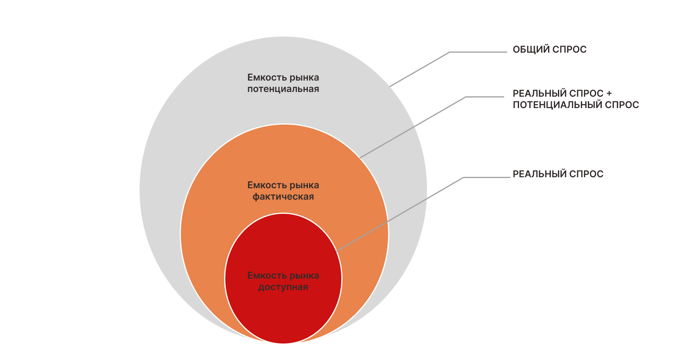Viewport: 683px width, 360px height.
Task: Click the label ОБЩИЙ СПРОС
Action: [x=549, y=50]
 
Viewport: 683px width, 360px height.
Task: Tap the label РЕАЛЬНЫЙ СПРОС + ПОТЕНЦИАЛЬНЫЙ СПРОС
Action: [x=575, y=99]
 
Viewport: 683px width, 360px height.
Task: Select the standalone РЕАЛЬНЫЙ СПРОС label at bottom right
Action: [x=558, y=174]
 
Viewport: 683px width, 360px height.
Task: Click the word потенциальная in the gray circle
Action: [x=283, y=89]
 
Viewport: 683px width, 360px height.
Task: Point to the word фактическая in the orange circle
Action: [x=283, y=197]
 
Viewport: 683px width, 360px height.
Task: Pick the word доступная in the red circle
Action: [x=283, y=287]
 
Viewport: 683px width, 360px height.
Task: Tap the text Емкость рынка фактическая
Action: [x=283, y=191]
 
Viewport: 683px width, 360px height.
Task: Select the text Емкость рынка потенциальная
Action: [x=283, y=83]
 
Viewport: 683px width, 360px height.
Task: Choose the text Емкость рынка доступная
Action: [x=283, y=281]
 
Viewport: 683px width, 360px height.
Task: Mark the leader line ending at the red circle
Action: [x=401, y=214]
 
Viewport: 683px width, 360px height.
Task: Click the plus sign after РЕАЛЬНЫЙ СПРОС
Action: [x=609, y=94]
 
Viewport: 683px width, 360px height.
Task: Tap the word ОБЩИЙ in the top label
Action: [x=531, y=50]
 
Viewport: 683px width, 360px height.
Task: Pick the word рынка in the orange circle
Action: [x=304, y=185]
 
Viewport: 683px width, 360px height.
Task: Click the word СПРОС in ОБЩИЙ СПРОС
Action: [x=569, y=50]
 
